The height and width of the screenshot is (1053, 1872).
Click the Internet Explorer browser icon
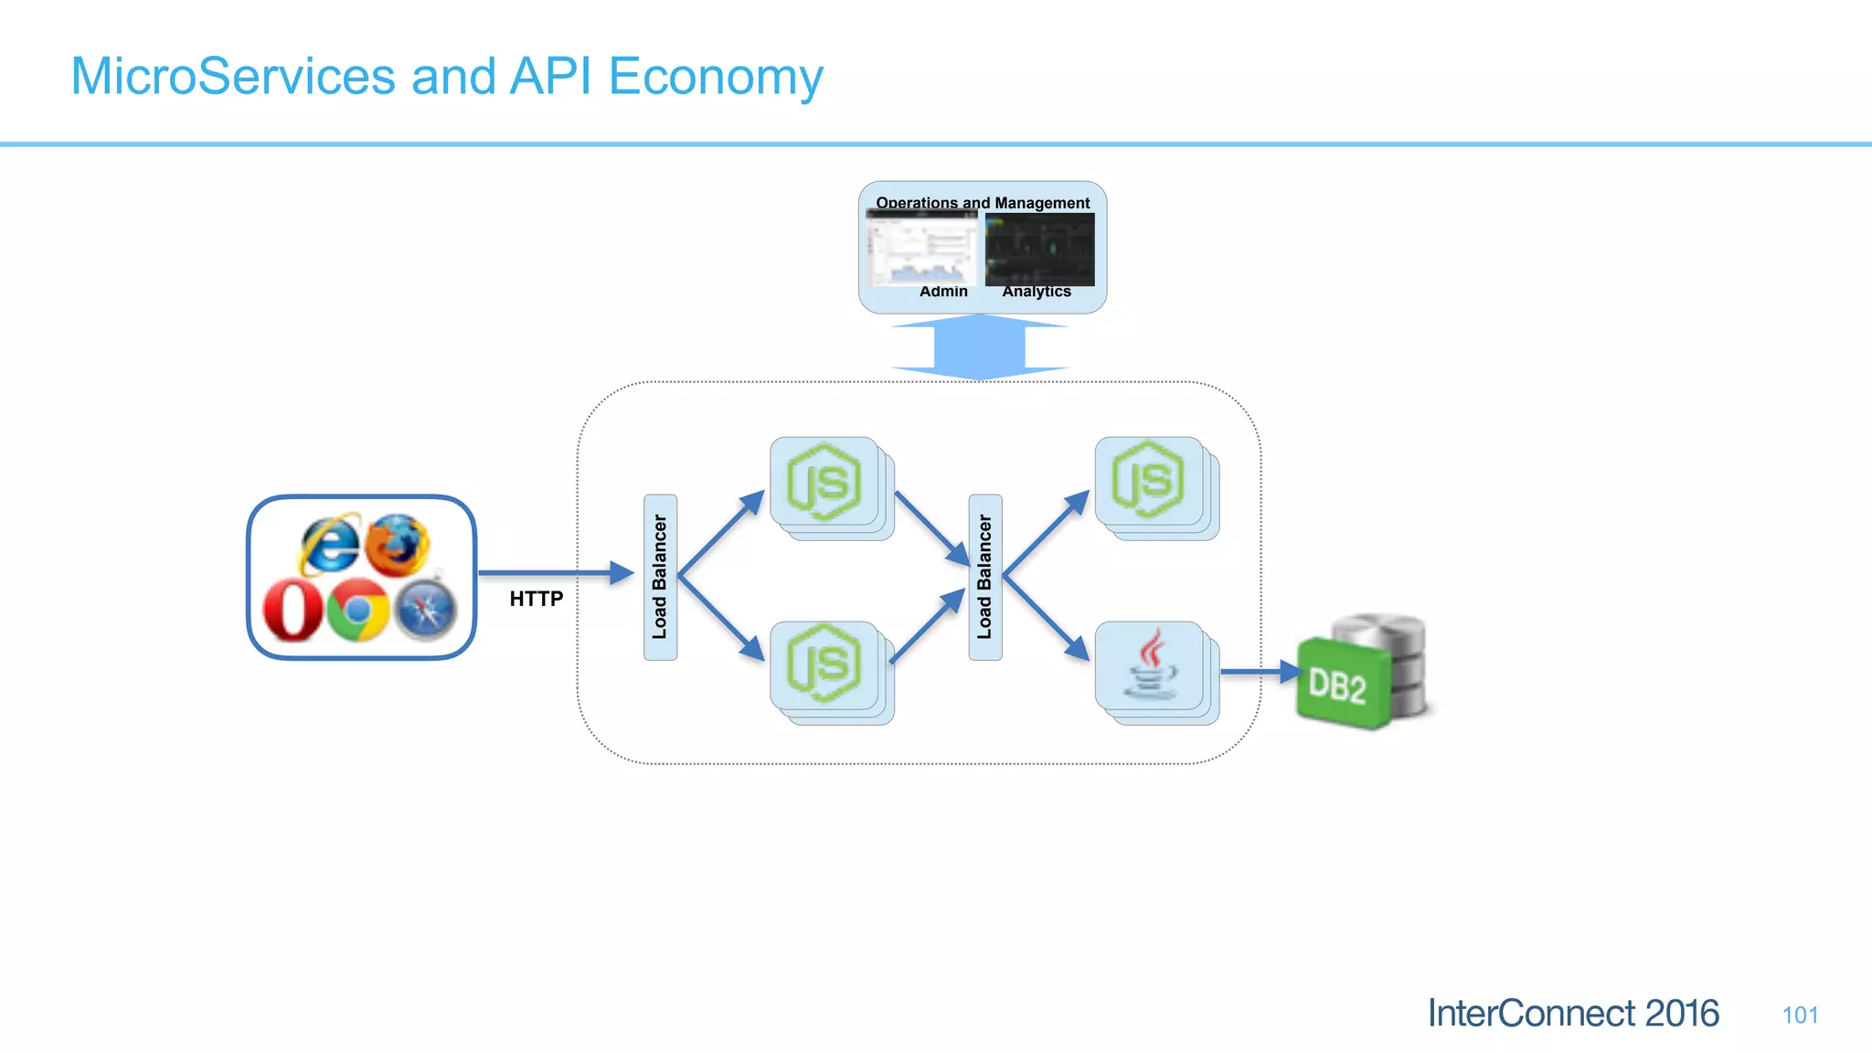[x=329, y=544]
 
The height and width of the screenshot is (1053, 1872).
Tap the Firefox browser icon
[x=398, y=545]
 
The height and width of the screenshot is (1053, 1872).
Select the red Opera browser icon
[x=292, y=611]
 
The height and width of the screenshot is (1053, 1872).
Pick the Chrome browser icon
[x=358, y=610]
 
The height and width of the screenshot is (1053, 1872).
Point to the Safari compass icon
[x=426, y=611]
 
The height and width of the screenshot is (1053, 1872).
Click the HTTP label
[x=537, y=599]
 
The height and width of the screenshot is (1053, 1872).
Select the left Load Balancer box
[x=660, y=577]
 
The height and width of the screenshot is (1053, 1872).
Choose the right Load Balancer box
[x=984, y=577]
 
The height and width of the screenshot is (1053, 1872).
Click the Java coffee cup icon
[x=1151, y=665]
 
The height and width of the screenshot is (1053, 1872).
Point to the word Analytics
[x=1037, y=292]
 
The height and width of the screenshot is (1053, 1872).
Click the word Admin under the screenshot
[x=943, y=292]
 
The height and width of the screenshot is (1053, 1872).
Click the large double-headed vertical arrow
[x=980, y=347]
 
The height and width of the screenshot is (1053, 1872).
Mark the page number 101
[x=1799, y=1015]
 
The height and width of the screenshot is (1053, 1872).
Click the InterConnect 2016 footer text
[x=1573, y=1013]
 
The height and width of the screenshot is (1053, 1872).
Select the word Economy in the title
[x=716, y=77]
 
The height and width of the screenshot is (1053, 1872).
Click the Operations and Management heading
[x=983, y=203]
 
